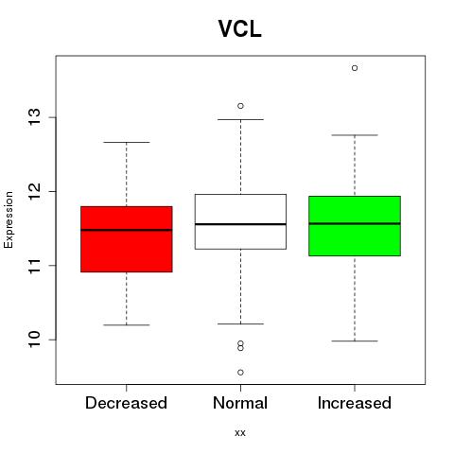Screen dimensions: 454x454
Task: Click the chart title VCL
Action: [x=240, y=29]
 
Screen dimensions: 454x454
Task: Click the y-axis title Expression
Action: [x=9, y=219]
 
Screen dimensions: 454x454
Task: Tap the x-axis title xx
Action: [x=240, y=432]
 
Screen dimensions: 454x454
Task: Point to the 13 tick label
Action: [x=34, y=117]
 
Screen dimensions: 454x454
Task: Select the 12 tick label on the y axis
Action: [x=34, y=191]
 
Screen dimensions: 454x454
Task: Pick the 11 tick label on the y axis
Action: [x=34, y=266]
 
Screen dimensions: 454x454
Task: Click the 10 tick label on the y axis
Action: [x=34, y=340]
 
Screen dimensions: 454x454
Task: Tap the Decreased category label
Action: [x=126, y=403]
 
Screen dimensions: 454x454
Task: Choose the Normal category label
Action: [x=240, y=403]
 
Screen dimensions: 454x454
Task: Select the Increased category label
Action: [x=355, y=403]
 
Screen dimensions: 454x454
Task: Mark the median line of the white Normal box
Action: [x=240, y=224]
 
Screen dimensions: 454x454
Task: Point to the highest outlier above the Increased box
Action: [x=355, y=68]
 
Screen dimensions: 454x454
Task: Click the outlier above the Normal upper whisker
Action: [x=240, y=106]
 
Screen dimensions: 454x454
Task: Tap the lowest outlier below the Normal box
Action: [x=240, y=373]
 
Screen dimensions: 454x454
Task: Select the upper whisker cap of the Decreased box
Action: [x=127, y=142]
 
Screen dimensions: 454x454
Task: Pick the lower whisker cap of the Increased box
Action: [x=355, y=340]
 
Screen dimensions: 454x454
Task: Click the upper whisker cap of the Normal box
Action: [x=240, y=119]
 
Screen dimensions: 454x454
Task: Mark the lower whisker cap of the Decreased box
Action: [x=127, y=324]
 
